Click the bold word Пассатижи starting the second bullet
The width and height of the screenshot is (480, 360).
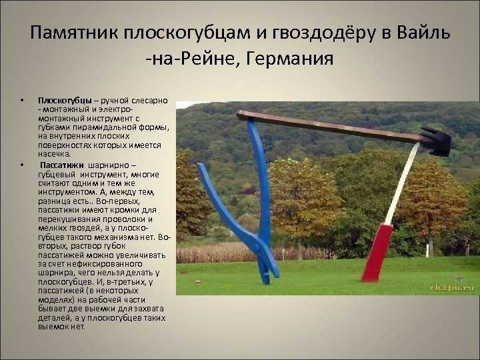[62, 166]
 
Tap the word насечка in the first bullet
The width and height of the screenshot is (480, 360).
[54, 152]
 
